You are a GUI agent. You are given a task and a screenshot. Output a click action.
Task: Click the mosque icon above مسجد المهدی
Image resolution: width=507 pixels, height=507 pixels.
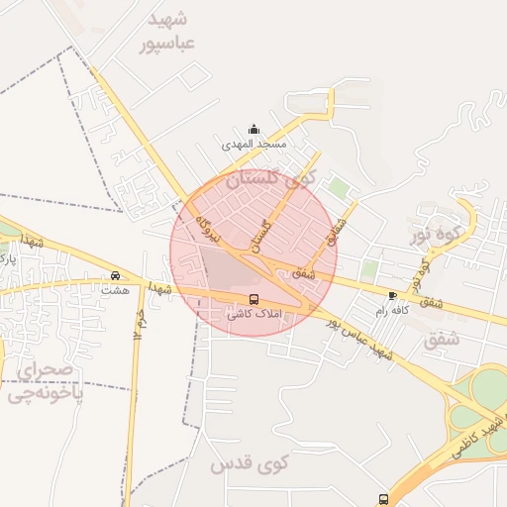(253, 129)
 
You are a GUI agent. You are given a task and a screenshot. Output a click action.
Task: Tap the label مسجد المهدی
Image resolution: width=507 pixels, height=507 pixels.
(253, 145)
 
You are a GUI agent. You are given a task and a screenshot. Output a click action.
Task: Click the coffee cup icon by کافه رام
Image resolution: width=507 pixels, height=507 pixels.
(393, 295)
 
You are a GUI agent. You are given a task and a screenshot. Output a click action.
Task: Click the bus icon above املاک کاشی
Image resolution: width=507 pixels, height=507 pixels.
(254, 299)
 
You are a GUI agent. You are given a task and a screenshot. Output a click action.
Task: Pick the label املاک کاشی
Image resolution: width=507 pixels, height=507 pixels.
(254, 314)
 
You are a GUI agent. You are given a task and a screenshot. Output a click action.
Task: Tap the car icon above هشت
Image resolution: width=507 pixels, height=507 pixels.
(116, 275)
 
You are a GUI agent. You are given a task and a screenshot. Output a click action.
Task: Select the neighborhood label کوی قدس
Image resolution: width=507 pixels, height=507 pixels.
(249, 463)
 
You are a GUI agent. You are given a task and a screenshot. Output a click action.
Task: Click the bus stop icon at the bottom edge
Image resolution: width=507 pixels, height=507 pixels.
(383, 499)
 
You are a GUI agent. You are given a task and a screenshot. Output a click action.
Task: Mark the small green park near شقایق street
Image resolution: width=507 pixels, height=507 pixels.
(340, 187)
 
